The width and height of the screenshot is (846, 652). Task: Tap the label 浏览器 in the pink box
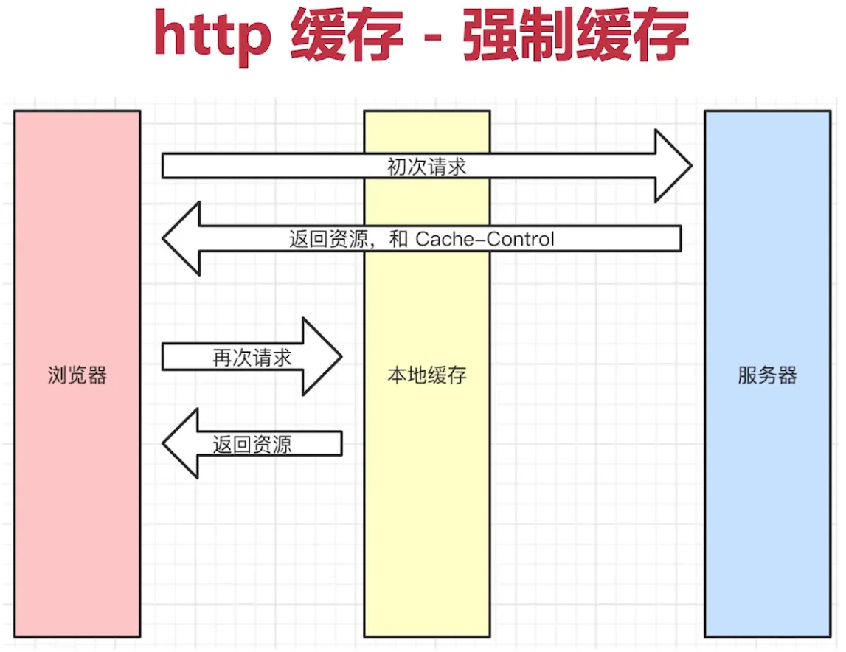(x=77, y=375)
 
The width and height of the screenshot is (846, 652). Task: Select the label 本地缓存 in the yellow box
(x=427, y=375)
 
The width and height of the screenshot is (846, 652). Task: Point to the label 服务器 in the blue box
(x=767, y=375)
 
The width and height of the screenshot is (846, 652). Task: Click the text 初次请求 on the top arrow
(x=427, y=167)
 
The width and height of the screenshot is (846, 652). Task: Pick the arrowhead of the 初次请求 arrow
(x=673, y=166)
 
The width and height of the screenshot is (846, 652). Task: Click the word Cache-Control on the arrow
(x=485, y=239)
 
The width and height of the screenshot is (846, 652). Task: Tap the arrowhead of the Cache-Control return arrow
(x=181, y=238)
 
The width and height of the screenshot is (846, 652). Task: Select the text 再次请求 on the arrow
(x=252, y=357)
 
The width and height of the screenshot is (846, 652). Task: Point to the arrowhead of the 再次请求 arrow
(x=322, y=356)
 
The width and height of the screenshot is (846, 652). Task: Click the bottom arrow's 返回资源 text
(x=252, y=445)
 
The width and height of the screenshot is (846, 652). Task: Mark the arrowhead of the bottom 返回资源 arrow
(x=181, y=444)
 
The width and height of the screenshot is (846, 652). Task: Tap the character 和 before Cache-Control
(x=398, y=239)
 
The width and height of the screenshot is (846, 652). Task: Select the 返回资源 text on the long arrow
(x=328, y=239)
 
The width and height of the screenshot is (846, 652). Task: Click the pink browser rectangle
(x=77, y=486)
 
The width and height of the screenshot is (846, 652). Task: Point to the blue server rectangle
(x=767, y=486)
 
